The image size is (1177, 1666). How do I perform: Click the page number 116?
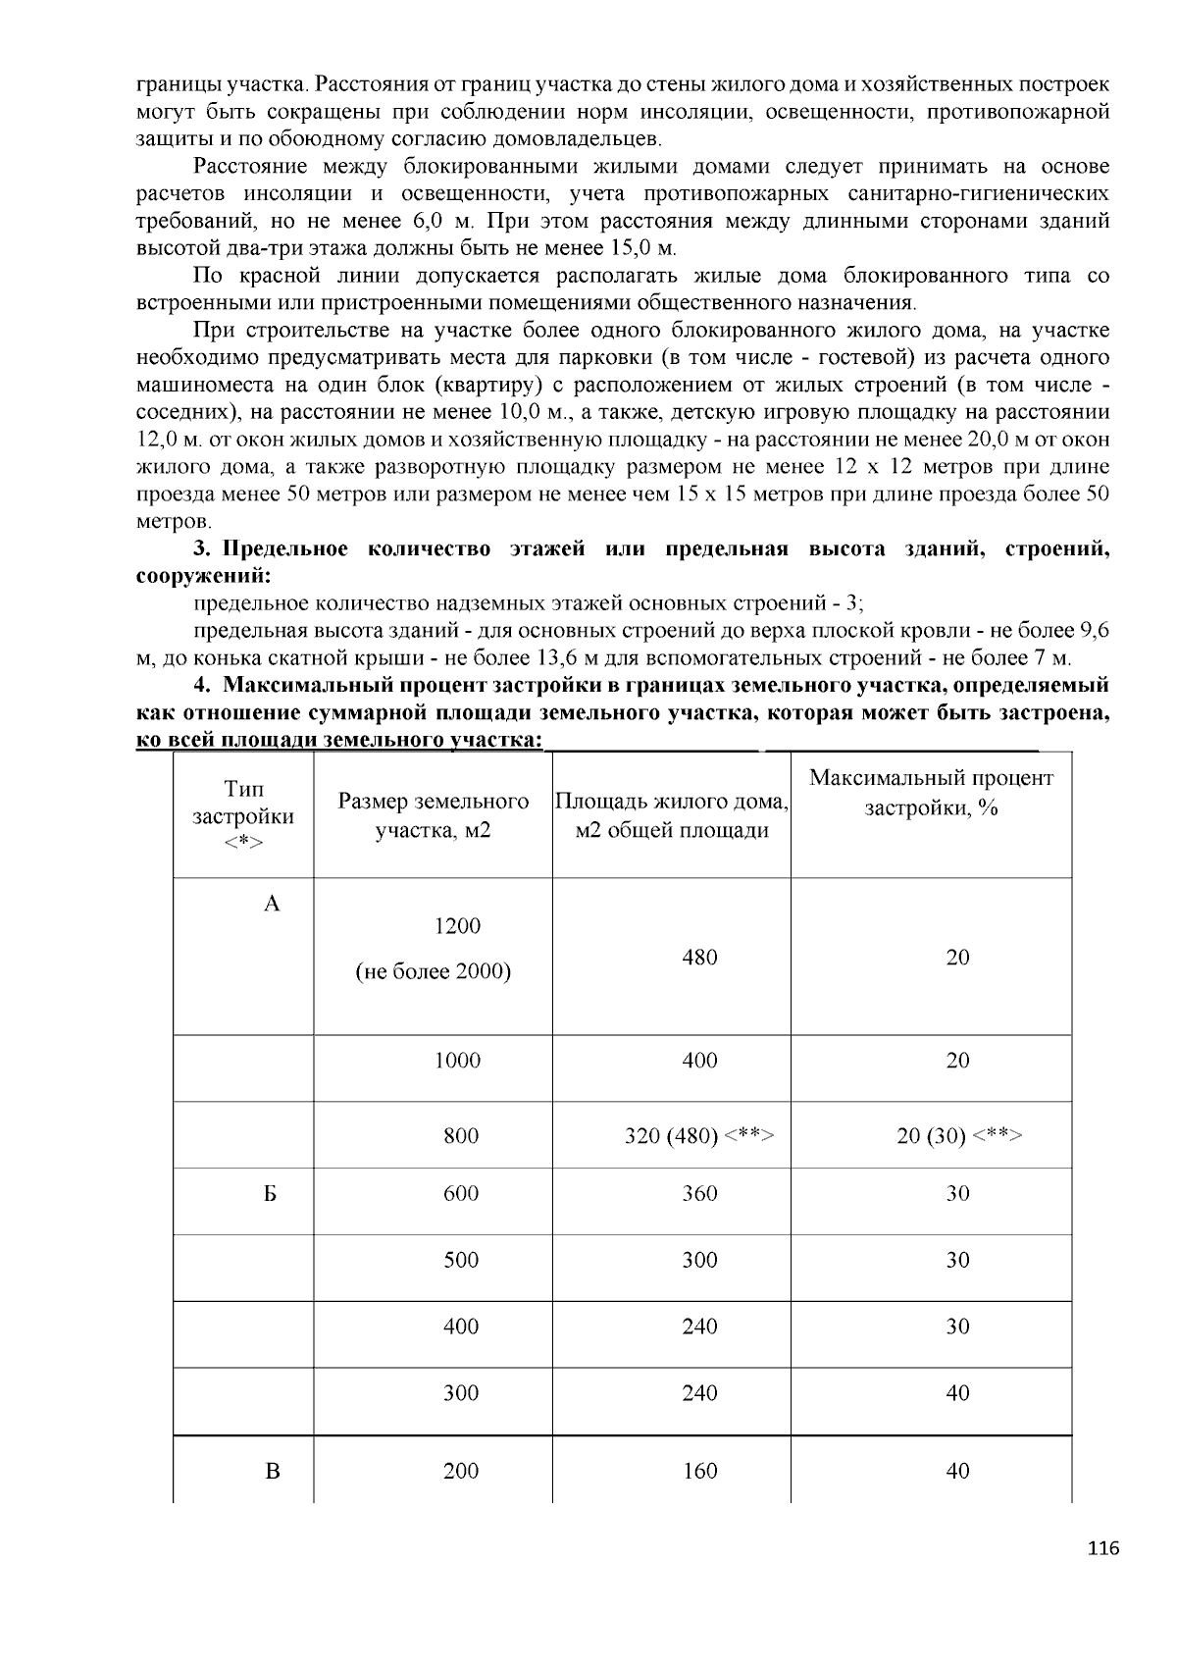coord(1102,1549)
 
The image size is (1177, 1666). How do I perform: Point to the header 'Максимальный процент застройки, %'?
coord(931,793)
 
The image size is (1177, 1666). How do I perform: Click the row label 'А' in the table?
coord(272,904)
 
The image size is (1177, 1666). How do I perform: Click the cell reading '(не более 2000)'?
coord(433,972)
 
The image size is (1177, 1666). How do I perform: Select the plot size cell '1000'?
coord(458,1061)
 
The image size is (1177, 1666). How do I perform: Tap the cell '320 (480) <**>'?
coord(699,1136)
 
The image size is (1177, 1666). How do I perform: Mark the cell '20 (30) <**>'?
coord(958,1136)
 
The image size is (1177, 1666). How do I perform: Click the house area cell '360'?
coord(699,1194)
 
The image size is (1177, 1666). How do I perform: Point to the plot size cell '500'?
coord(460,1261)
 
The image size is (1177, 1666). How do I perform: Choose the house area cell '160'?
coord(699,1471)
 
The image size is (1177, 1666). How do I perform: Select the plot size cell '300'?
coord(460,1393)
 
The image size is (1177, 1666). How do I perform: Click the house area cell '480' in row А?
coord(699,958)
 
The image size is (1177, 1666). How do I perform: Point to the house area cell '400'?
coord(699,1061)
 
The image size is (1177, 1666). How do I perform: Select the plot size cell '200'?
coord(460,1471)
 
